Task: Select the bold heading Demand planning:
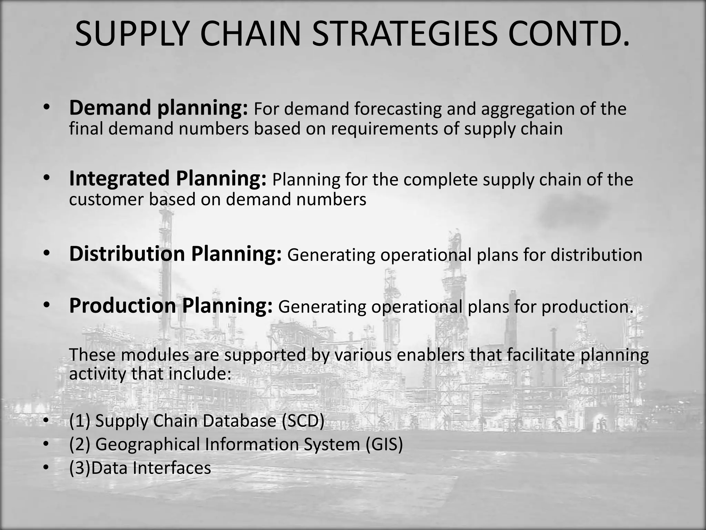click(x=158, y=108)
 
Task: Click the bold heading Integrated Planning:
click(x=168, y=179)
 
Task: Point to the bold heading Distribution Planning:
click(x=175, y=254)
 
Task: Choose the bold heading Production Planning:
click(x=171, y=306)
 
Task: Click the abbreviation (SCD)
click(x=303, y=421)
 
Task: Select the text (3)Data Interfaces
click(x=140, y=468)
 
